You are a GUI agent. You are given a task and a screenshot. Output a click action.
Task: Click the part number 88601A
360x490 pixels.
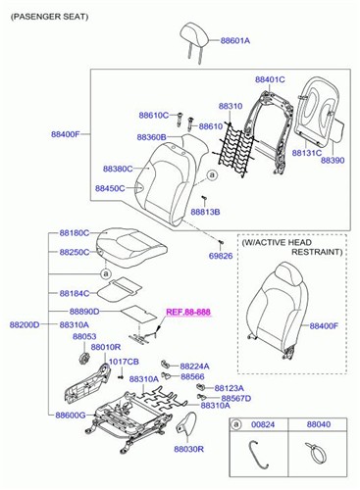pos(235,41)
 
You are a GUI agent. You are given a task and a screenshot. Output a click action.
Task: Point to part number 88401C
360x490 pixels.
pos(270,78)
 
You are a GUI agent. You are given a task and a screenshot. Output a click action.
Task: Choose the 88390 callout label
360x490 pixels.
pos(333,160)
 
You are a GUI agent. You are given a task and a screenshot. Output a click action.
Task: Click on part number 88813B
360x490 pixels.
pos(205,212)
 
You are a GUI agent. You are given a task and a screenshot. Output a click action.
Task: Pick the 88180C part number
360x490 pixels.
pos(75,233)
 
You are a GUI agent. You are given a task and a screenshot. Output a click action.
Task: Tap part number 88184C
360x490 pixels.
pos(75,292)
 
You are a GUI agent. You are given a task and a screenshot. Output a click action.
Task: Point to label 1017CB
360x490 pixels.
pos(124,362)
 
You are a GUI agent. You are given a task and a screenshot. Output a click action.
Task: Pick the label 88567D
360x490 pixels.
pos(235,399)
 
